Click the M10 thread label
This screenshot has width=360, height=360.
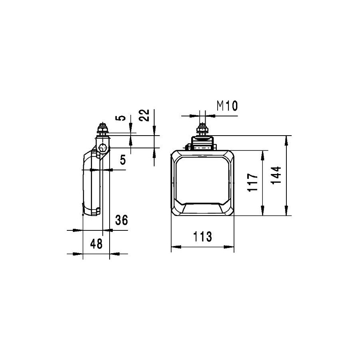tap(227, 106)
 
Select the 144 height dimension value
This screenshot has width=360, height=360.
tap(276, 175)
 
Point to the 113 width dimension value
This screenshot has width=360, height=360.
tap(202, 236)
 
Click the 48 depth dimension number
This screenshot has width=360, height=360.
tap(96, 244)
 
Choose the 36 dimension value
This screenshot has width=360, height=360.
tap(122, 220)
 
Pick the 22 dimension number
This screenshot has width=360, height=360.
tap(144, 115)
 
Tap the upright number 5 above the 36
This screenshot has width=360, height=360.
tap(123, 160)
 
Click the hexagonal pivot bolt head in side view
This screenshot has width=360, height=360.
tap(103, 148)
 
